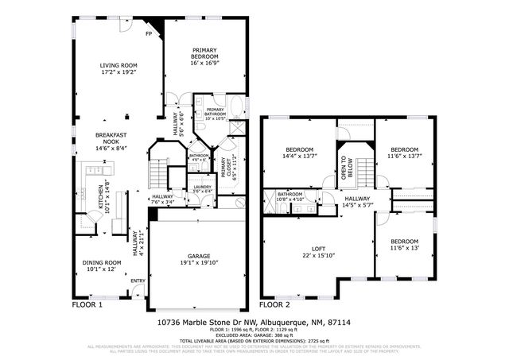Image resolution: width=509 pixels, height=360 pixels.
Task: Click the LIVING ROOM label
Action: (119, 65)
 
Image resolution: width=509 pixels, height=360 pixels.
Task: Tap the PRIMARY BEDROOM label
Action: (204, 54)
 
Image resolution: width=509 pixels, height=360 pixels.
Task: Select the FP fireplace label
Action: (149, 34)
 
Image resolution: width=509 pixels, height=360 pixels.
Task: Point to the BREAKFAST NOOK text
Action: (112, 137)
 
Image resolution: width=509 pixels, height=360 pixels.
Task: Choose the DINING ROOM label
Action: (102, 262)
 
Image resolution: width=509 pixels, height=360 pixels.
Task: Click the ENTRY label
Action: (138, 281)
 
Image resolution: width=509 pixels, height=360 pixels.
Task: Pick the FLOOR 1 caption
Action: (87, 304)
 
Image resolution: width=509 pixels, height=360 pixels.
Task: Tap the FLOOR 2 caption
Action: (275, 304)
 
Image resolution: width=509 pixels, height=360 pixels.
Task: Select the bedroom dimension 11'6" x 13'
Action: (404, 248)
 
